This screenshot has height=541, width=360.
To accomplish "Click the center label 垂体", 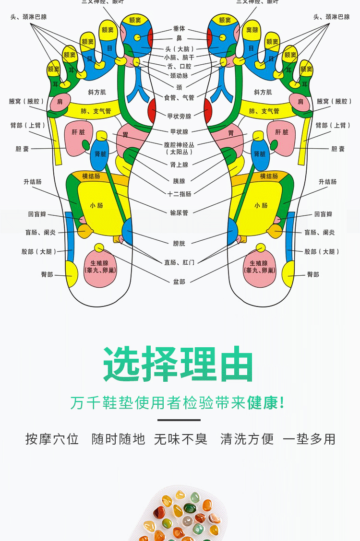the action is pos(179,29).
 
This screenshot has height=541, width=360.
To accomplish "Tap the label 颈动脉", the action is pos(179,75).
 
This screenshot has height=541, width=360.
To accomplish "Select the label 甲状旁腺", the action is pos(179,116).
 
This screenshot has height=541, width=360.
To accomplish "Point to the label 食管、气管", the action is pos(179,97).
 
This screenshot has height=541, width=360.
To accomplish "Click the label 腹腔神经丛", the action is pos(179,144).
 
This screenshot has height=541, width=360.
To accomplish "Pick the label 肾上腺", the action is pos(179,165).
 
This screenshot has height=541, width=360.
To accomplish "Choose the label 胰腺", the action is pos(179,181).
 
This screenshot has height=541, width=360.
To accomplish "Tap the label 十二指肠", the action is pos(179,194).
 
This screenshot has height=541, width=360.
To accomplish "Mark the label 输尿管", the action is pos(179,212).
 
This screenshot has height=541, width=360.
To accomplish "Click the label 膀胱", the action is pos(179,244).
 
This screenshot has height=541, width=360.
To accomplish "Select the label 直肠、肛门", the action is pos(179,262).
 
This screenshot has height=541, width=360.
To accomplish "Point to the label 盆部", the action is pos(179,282).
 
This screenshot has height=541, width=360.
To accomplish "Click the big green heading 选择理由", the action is pos(179,364).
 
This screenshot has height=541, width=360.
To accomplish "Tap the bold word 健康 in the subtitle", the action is pos(263,403).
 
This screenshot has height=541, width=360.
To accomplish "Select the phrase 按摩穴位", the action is pos(52,439).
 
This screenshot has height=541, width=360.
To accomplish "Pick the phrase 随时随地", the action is pos(118,439).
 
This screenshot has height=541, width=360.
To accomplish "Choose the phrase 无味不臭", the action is pos(180,439).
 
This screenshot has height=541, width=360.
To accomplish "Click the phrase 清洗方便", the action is pos(247,439).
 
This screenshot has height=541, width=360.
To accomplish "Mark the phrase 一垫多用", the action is pos(309,439).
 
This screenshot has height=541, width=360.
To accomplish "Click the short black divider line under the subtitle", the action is pos(179,420).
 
